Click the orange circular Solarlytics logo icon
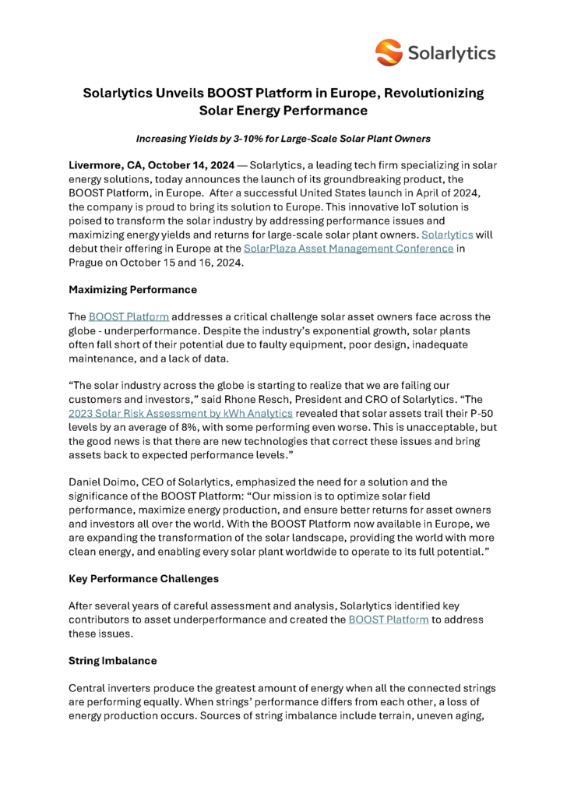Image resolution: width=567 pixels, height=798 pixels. click(x=389, y=52)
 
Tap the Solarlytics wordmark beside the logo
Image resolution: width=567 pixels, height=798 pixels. click(x=451, y=53)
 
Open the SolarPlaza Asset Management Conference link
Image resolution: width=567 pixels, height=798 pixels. click(x=349, y=248)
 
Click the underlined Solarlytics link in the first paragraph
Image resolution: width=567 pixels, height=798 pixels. click(x=447, y=235)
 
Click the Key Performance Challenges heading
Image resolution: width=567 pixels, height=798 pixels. click(x=144, y=579)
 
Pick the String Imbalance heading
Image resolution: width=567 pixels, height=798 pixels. click(x=113, y=661)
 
